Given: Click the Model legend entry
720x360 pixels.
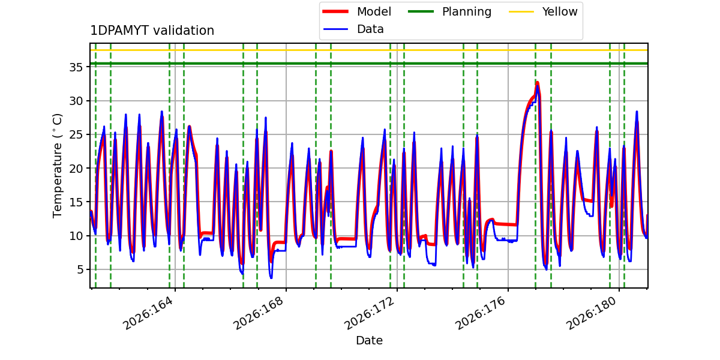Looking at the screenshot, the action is tap(357, 12).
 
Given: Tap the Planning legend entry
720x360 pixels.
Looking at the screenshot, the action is tap(449, 12).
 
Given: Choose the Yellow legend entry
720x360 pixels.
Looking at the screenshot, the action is tap(543, 12).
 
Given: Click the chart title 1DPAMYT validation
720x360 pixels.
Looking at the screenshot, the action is tap(152, 31).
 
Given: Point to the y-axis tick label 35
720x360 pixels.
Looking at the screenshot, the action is tap(76, 67).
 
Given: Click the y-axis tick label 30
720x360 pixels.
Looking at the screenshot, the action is tap(76, 101).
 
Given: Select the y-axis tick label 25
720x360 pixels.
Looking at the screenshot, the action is tap(76, 134).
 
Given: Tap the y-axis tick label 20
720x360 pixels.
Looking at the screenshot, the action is tap(76, 169).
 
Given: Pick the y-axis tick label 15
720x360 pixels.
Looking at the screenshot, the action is tap(76, 202).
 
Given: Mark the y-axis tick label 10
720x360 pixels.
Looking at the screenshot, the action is tap(76, 236).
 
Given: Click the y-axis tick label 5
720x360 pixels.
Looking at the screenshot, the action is tap(80, 269).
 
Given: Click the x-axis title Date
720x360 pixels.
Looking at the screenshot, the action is tap(370, 340).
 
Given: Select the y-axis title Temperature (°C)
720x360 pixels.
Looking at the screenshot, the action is tap(57, 166).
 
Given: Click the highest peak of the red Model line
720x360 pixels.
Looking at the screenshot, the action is tap(537, 83).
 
